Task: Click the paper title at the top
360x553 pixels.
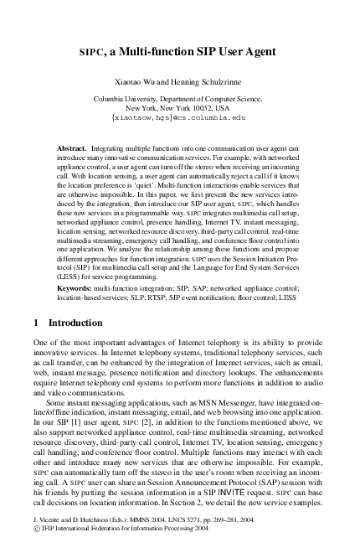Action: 180,51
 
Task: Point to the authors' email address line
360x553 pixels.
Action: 179,118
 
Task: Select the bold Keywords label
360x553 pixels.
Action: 74,287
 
